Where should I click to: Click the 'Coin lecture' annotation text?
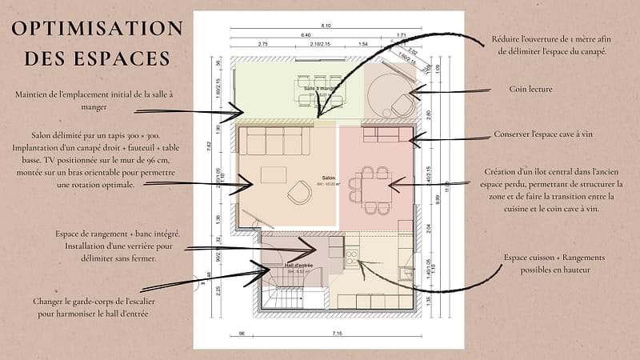530,90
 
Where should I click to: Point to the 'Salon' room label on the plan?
328,178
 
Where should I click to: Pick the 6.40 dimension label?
306,36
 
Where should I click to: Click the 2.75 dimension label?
263,44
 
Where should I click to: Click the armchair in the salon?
299,192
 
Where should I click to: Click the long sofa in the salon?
278,141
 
